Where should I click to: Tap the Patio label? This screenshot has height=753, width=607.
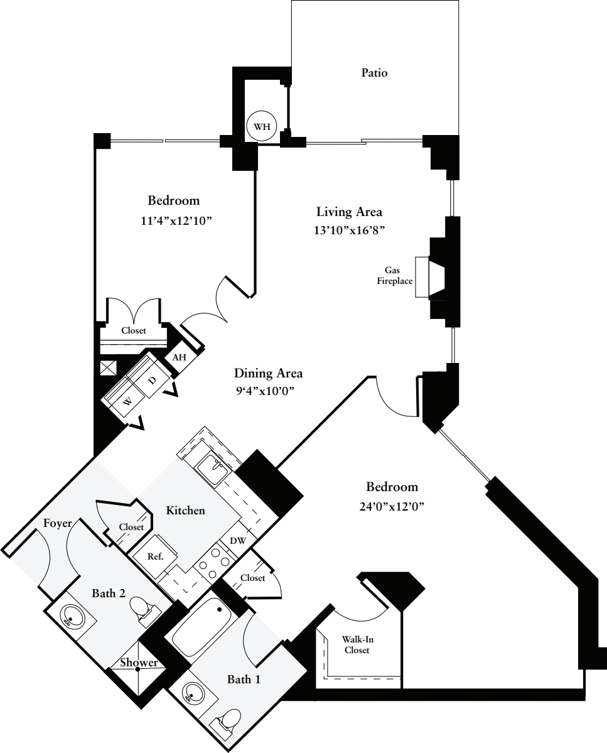point(374,73)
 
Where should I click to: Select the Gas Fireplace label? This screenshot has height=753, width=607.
point(394,275)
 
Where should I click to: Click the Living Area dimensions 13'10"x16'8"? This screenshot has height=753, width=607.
point(350,230)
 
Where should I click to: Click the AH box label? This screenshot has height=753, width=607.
point(180,357)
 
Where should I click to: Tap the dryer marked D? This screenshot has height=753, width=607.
point(151,381)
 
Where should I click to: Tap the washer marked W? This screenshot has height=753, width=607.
point(127,402)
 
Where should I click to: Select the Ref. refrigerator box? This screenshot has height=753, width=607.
point(154,556)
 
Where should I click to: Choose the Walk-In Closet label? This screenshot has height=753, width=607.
point(355,644)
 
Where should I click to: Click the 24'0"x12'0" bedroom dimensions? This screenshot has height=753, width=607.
point(392,506)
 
